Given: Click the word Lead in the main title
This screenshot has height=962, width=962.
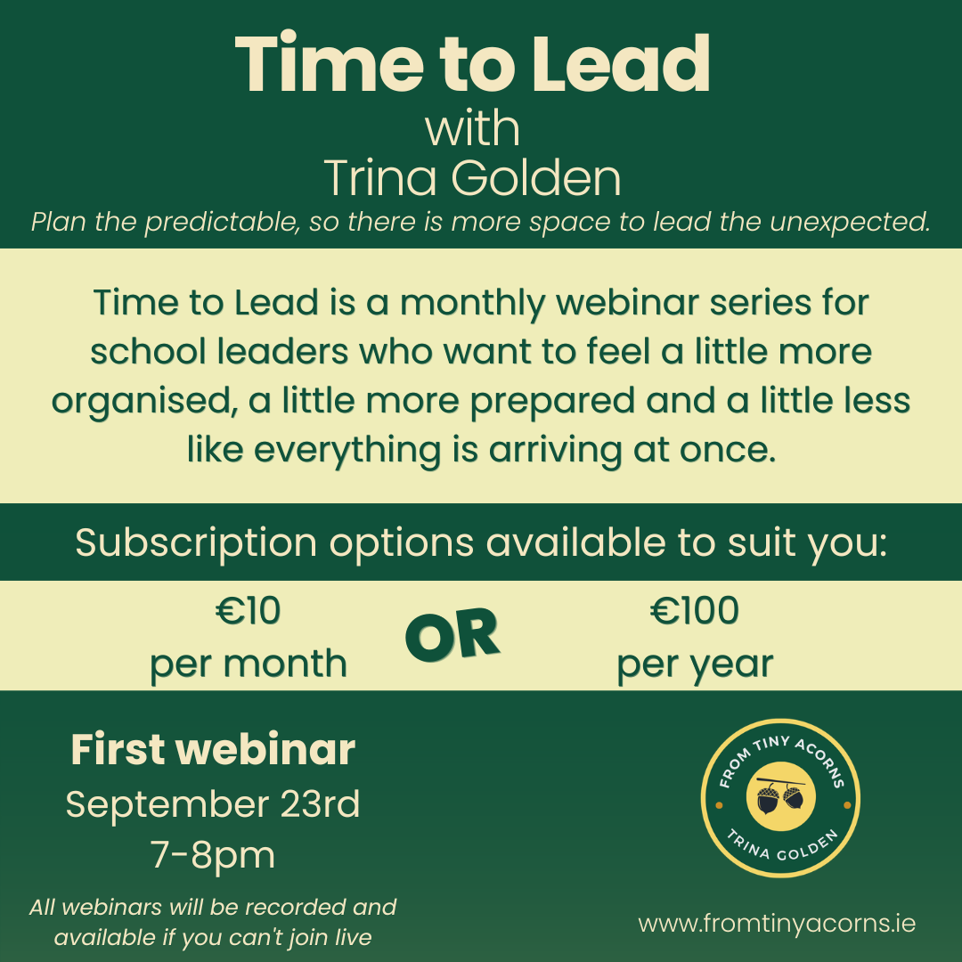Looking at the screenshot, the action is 620,64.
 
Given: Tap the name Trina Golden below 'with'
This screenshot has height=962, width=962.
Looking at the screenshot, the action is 472,178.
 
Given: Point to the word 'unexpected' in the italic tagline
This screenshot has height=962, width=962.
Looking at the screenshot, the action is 850,222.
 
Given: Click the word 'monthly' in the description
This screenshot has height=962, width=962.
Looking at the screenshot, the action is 472,304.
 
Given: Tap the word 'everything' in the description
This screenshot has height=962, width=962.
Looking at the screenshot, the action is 347,451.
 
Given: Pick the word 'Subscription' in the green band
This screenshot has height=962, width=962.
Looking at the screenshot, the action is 196,543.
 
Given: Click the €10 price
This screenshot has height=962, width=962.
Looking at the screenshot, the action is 249,611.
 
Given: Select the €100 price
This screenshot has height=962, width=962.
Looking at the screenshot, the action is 695,611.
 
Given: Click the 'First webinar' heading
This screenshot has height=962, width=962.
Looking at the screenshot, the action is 213,750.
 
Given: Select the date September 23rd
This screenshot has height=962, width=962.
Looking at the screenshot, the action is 213,804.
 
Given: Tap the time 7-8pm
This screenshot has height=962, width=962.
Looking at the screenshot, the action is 213,855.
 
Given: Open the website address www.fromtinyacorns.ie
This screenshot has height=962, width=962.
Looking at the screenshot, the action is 777,924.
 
